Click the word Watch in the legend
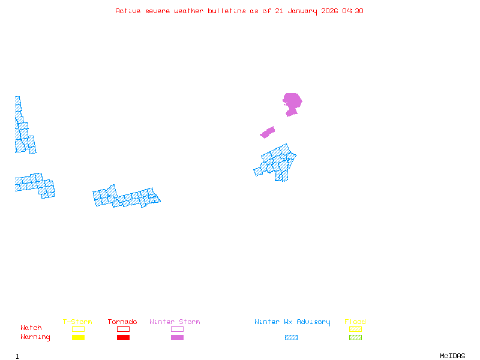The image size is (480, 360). coord(31,328)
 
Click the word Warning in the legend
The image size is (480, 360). coord(35,337)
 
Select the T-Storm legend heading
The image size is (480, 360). coord(77,322)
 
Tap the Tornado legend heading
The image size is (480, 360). coord(122,322)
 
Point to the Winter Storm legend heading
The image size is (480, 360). coord(175,322)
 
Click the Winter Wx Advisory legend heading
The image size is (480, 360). coord(292,322)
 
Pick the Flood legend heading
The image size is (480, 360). coord(355,322)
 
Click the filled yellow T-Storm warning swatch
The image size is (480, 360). coord(78,338)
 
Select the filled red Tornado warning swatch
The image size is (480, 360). coord(123,338)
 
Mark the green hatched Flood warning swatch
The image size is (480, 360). coord(355,338)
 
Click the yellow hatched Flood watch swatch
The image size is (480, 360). coord(355,329)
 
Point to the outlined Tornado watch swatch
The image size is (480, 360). coord(123,329)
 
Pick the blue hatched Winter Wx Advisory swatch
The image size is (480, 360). coord(291,338)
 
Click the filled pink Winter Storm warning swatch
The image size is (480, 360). coord(177,338)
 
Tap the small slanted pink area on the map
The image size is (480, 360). coord(268,132)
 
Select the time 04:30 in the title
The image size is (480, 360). coord(353,11)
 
